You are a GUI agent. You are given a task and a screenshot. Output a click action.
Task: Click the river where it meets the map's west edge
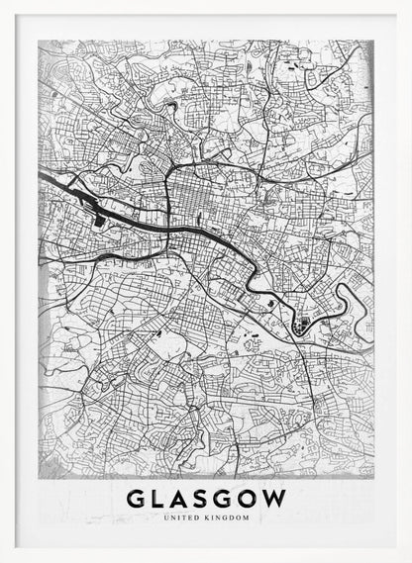[43, 175]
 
